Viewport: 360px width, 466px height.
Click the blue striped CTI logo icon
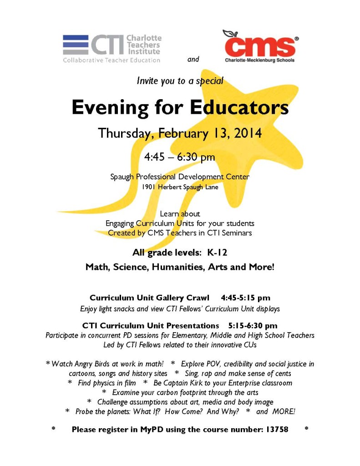coord(75,45)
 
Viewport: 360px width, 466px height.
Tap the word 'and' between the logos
coord(193,59)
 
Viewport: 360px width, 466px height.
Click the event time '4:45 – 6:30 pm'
coord(180,157)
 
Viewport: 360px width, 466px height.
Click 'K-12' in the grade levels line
coord(214,253)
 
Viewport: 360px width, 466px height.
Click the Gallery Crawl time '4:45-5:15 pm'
coord(245,298)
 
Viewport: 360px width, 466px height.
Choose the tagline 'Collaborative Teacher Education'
coord(112,60)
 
